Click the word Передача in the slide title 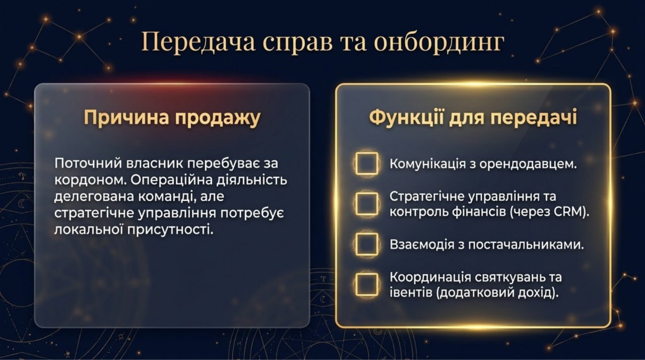coord(198,42)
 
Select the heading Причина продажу coord(172,117)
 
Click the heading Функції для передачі coord(473,117)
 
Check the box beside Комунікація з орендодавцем coord(366,163)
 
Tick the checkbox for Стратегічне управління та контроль coord(366,204)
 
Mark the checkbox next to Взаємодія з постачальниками coord(366,244)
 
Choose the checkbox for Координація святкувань coord(366,284)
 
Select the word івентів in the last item coord(411,293)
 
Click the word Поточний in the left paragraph coord(88,163)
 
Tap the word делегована coord(94,197)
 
